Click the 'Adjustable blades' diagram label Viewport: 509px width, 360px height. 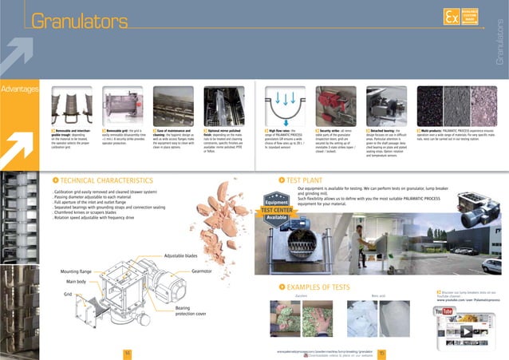[180, 255]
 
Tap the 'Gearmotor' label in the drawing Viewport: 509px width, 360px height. [207, 271]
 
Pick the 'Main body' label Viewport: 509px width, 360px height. [76, 282]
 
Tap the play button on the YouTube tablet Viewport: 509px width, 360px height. [464, 328]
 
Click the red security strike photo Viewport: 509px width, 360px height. [335, 103]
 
